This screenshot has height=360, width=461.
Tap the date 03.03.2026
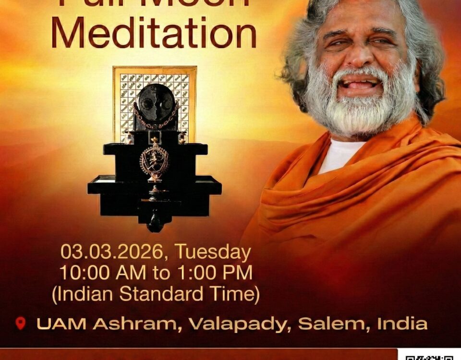[x=115, y=252]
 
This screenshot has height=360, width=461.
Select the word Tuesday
[x=212, y=252]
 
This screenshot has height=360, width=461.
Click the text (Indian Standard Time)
[x=156, y=294]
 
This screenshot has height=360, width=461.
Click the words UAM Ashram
[x=108, y=324]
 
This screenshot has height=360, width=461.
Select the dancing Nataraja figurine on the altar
[x=154, y=161]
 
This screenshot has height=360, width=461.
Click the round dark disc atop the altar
[x=155, y=101]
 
